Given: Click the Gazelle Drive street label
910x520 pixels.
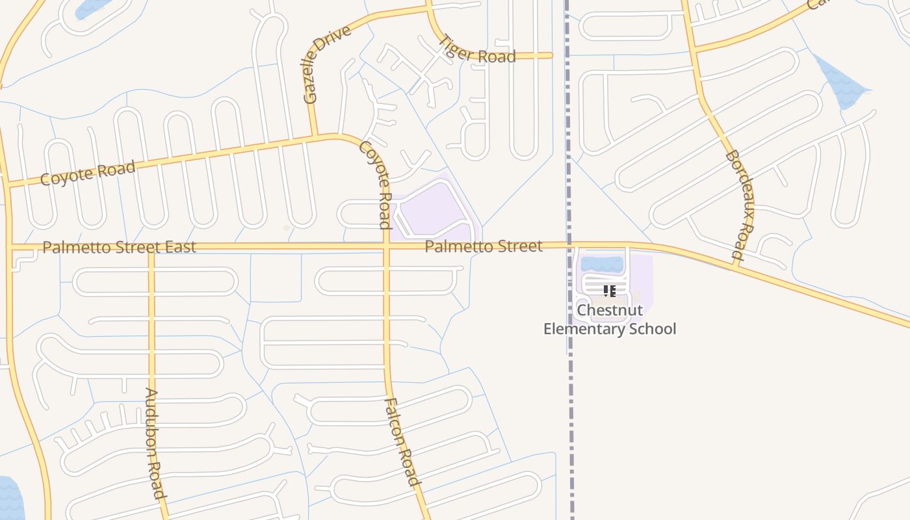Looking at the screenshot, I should tap(327, 65).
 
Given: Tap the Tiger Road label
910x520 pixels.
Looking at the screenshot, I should tap(478, 49).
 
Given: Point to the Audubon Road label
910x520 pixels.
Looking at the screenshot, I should tap(153, 443).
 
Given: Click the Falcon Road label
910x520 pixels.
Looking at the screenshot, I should tap(403, 442).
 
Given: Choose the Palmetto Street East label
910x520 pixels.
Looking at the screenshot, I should tap(119, 247).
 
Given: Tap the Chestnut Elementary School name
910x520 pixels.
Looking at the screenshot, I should tap(610, 320).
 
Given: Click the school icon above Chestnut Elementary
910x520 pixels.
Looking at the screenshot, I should tap(609, 291).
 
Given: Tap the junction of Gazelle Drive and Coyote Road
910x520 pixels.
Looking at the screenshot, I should tap(314, 136).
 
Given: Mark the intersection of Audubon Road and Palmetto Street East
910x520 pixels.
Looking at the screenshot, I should tap(151, 247).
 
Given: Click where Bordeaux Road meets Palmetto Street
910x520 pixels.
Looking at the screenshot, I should tap(736, 263).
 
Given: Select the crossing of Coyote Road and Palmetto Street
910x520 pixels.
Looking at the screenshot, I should tap(386, 246).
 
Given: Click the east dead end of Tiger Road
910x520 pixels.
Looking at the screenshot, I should tap(551, 56).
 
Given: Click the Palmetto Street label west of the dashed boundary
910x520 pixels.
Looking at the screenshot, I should tap(484, 246).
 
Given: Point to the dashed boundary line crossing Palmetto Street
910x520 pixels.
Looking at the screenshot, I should tap(569, 245).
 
